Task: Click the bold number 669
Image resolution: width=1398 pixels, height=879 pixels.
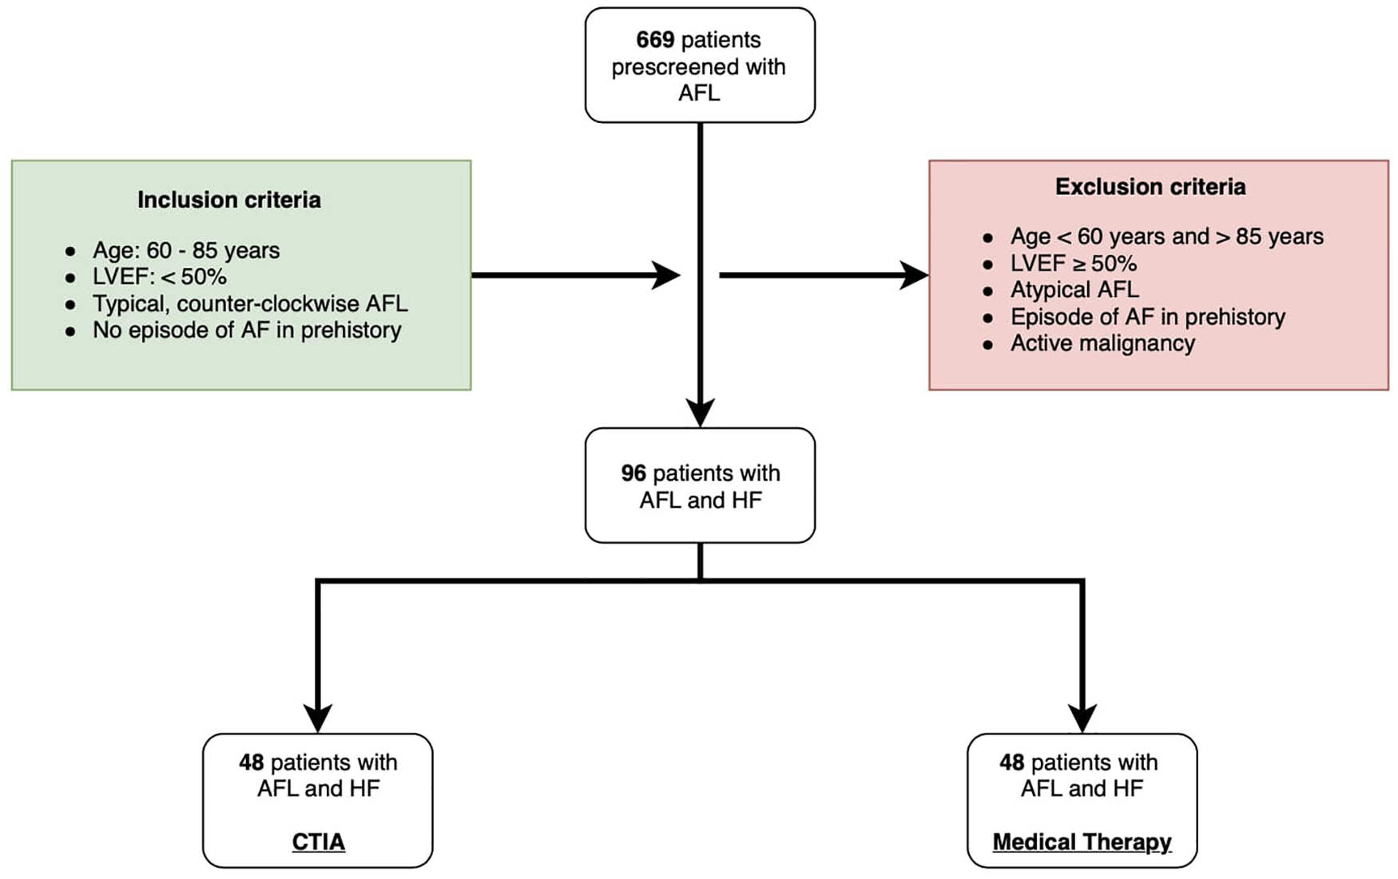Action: pos(654,40)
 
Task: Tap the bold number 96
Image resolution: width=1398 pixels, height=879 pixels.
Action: pos(633,473)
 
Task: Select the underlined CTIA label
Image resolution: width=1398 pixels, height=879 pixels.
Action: pos(318,841)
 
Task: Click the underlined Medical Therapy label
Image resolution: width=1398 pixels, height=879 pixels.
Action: pos(1082,841)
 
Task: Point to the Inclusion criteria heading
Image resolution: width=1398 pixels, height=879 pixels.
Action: pos(229,200)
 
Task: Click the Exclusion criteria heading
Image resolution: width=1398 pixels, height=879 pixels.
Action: pos(1150,187)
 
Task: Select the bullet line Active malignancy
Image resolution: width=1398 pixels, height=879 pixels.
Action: pos(1102,343)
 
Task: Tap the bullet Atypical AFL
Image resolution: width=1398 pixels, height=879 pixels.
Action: pos(1074,290)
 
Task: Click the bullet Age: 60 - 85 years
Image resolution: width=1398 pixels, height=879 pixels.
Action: pos(186,251)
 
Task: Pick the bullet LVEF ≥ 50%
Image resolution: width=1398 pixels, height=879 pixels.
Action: pos(1073,263)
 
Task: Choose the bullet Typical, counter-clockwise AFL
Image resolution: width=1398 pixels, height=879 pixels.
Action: pos(250,303)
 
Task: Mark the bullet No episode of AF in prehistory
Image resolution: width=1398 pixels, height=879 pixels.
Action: pos(247,330)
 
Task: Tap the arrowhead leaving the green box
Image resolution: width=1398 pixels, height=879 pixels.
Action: pos(666,275)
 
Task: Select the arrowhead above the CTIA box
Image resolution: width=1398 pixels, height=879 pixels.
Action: pos(318,718)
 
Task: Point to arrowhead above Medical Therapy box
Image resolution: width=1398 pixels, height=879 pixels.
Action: pos(1082,718)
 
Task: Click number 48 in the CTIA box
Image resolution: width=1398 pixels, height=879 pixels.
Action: pos(251,762)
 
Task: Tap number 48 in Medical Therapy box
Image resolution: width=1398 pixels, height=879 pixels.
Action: pos(1011,762)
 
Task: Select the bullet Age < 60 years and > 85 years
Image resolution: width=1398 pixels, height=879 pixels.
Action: pos(1166,237)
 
